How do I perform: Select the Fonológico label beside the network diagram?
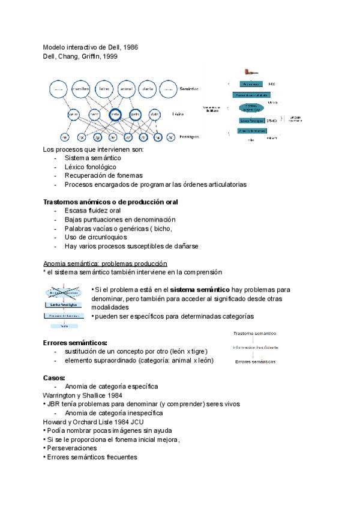(190, 137)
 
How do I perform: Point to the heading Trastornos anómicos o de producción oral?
(110, 202)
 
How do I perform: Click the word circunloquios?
(104, 237)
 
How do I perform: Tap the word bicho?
(160, 228)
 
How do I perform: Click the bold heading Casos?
(55, 378)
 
